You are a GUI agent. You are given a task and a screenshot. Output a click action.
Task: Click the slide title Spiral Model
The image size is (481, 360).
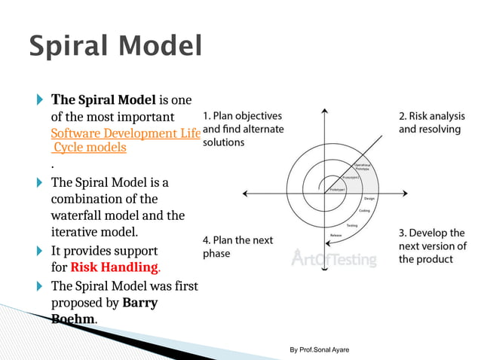[115, 46]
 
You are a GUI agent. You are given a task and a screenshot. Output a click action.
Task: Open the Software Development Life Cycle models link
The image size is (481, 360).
[125, 140]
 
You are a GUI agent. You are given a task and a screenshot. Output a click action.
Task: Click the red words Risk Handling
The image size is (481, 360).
[115, 267]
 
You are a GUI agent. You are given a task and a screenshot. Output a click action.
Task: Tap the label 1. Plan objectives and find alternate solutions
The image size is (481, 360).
[243, 129]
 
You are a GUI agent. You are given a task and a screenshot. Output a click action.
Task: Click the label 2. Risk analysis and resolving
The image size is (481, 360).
[431, 123]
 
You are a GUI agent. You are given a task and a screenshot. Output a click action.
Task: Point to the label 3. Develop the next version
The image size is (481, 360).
[431, 246]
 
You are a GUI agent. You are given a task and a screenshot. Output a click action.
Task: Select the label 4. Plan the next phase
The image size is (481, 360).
[237, 246]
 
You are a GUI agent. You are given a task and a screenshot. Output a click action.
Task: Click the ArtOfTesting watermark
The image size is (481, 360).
[333, 260]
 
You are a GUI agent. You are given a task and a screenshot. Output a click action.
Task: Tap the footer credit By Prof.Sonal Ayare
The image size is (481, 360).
[319, 350]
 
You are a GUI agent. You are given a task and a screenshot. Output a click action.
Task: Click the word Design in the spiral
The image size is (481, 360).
[370, 198]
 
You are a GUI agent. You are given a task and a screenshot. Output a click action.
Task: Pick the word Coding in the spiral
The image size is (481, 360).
[364, 211]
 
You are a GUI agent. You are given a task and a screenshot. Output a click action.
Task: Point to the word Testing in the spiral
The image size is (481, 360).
[351, 225]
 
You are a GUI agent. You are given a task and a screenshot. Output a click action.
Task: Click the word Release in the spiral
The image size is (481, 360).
[336, 236]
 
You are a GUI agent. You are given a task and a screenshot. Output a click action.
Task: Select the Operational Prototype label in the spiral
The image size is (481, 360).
[363, 166]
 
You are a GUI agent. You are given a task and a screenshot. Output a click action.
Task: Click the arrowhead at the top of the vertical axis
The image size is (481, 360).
[324, 111]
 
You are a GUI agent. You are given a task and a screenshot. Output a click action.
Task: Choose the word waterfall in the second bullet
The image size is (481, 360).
[77, 215]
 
